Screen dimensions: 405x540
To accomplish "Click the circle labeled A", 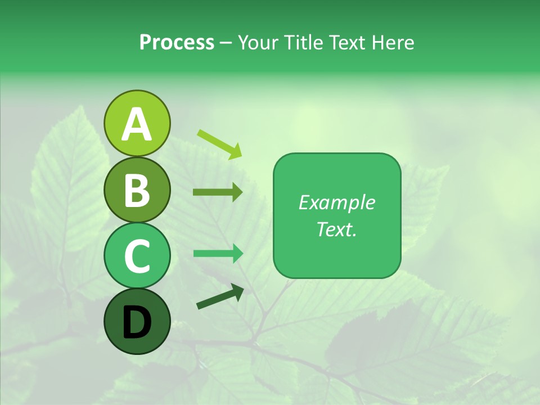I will (137, 123).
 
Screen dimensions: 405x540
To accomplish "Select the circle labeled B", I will (137, 190).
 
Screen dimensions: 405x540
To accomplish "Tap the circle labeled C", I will (137, 255).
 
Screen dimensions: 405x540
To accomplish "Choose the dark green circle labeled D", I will (137, 321).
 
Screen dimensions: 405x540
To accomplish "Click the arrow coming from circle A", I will (219, 143).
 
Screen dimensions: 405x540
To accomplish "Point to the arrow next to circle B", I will (218, 192).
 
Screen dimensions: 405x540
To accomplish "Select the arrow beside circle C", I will (218, 253).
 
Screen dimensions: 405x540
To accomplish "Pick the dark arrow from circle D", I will (220, 296).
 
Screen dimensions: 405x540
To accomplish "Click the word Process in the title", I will (177, 42).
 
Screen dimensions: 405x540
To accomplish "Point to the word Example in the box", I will (336, 202).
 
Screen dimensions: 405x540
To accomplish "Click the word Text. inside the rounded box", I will (336, 229).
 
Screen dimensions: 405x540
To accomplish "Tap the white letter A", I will (137, 124).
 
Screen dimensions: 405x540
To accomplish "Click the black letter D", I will (137, 322).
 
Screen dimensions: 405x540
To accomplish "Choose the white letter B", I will (137, 191).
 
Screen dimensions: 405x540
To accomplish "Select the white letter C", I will (137, 256).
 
